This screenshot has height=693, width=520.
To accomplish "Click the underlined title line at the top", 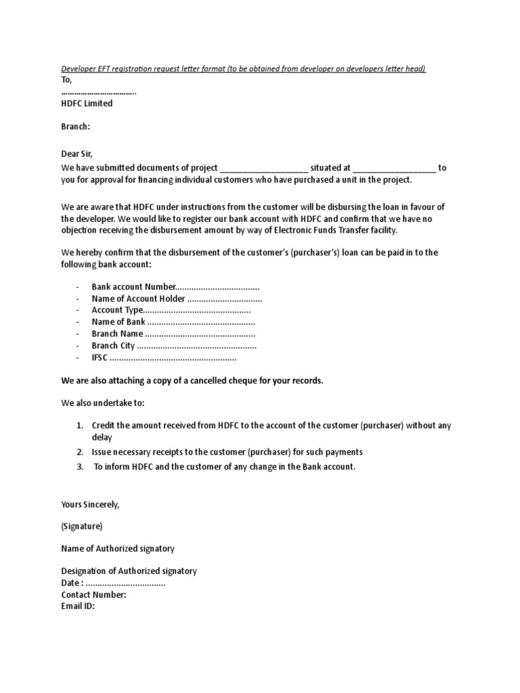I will (x=244, y=69).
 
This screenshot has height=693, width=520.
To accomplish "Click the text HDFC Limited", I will (x=87, y=104).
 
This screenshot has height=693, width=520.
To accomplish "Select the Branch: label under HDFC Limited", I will (x=76, y=127).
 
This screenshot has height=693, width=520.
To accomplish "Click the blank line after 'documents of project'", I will (x=263, y=168).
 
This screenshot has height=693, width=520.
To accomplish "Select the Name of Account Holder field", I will (x=177, y=298).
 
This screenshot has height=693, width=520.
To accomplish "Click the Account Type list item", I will (x=171, y=310).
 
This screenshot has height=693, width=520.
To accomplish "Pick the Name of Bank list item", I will (x=173, y=322).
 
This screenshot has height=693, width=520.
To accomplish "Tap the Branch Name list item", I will (x=173, y=334).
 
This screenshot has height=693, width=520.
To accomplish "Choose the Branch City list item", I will (x=174, y=346).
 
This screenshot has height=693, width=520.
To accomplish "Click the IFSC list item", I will (x=164, y=357).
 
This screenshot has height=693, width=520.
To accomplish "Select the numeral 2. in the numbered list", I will (x=79, y=451).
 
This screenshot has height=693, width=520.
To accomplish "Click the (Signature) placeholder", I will (x=82, y=526).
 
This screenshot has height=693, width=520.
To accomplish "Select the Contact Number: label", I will (x=93, y=595).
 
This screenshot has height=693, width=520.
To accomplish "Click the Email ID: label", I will (x=78, y=606).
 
